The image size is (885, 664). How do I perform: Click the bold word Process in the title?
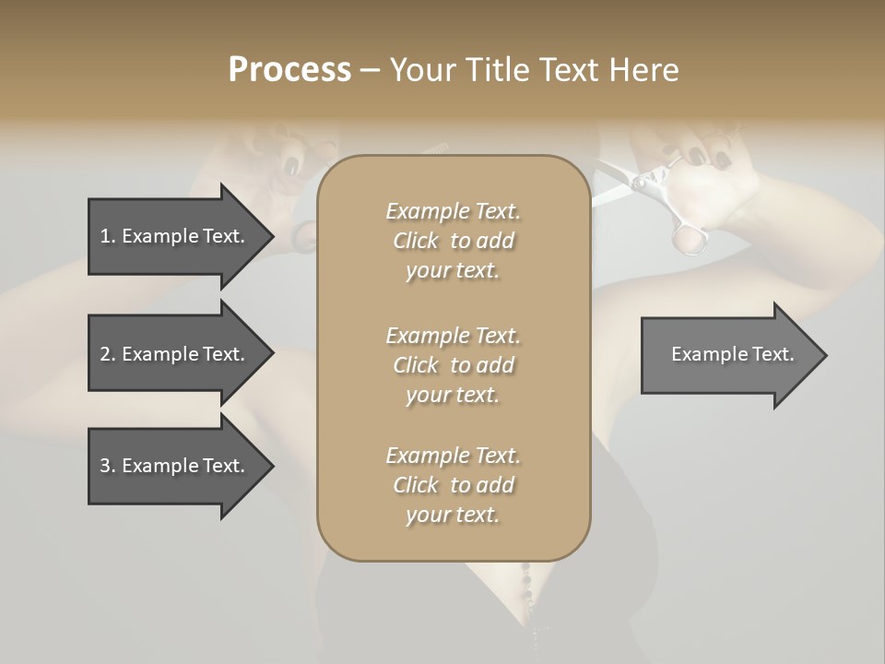tap(289, 69)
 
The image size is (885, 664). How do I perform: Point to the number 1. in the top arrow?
tap(108, 236)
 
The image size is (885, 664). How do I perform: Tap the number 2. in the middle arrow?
tap(108, 354)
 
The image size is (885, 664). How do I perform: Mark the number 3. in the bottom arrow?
tap(108, 466)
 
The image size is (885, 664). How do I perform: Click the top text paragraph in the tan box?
tap(453, 241)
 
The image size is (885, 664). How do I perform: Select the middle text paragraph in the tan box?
tap(453, 364)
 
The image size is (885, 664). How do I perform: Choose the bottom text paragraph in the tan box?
tap(453, 485)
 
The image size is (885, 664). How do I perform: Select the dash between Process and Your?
tap(370, 70)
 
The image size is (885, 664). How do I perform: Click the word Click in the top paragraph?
tap(416, 241)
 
